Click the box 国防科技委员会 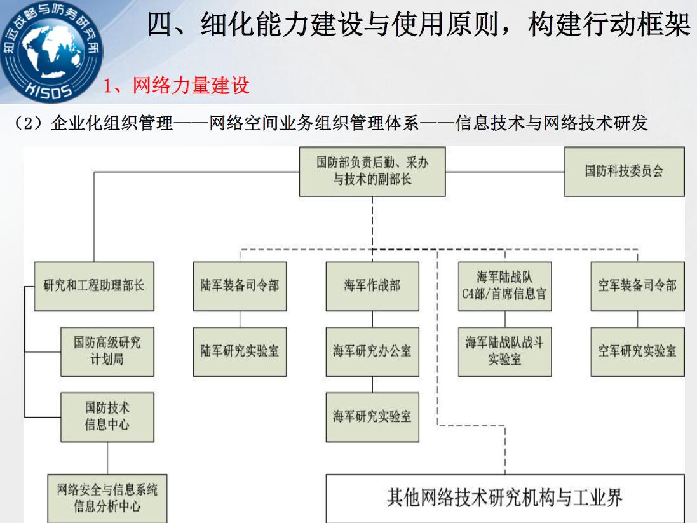(x=624, y=172)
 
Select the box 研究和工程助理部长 (x=94, y=286)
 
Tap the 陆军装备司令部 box (x=240, y=286)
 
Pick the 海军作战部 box (x=372, y=286)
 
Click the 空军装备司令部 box (x=637, y=286)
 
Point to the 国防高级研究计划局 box (x=107, y=352)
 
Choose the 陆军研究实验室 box (x=240, y=352)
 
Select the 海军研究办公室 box (x=372, y=352)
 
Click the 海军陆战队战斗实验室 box (x=505, y=352)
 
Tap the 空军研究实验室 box (x=637, y=352)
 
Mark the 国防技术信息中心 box (x=107, y=417)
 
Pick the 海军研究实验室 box (x=372, y=417)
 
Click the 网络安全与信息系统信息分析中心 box (x=107, y=499)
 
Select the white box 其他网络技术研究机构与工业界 (x=505, y=499)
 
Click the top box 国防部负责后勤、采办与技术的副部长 (x=372, y=172)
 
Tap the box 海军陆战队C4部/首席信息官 (x=505, y=286)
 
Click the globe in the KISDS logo (x=51, y=50)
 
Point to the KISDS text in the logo (x=49, y=90)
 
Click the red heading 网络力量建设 (x=191, y=85)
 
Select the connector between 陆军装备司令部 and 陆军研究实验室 (x=240, y=319)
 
